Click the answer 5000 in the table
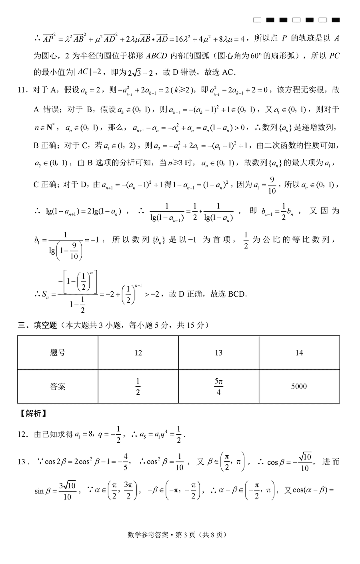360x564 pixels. pyautogui.click(x=299, y=386)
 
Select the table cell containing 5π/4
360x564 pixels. pyautogui.click(x=218, y=386)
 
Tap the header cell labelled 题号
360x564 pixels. pyautogui.click(x=58, y=353)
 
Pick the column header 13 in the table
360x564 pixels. pyautogui.click(x=218, y=353)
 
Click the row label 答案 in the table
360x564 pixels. pyautogui.click(x=58, y=386)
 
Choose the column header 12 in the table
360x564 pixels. pyautogui.click(x=138, y=353)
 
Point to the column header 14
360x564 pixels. pyautogui.click(x=299, y=353)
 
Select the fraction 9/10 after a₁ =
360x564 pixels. pyautogui.click(x=272, y=185)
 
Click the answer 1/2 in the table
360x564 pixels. pyautogui.click(x=138, y=386)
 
